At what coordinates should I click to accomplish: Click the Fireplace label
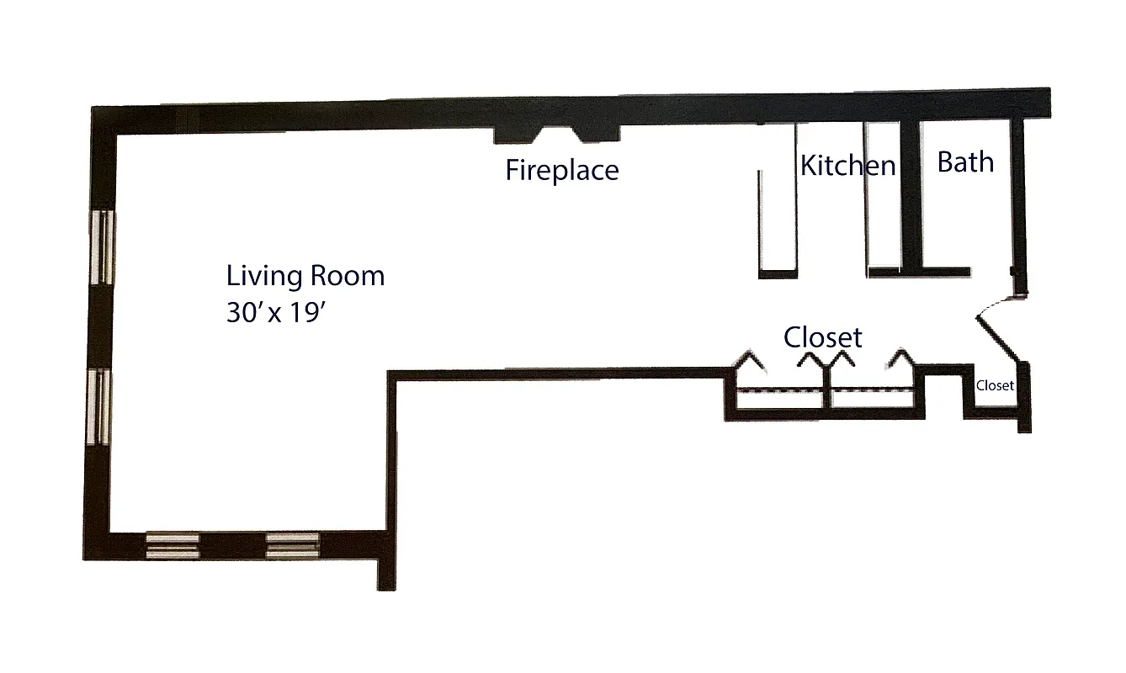561,170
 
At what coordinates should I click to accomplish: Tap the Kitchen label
847,165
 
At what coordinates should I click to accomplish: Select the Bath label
965,162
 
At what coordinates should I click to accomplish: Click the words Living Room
305,276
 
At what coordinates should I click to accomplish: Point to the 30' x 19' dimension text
275,313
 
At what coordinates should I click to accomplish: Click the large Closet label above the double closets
822,337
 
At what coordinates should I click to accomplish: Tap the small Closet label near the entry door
995,386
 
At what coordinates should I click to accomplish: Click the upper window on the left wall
103,247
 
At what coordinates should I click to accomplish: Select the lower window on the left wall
100,407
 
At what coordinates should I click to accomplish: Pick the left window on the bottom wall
173,545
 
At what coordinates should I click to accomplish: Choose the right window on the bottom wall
293,545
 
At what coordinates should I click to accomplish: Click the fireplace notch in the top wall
555,135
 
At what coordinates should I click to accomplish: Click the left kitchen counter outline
777,223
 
